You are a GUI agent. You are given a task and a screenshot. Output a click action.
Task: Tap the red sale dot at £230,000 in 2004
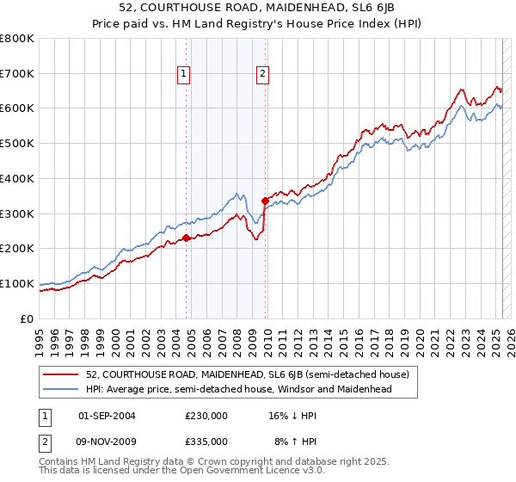pyautogui.click(x=186, y=238)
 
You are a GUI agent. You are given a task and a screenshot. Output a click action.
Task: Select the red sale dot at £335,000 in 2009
pyautogui.click(x=265, y=201)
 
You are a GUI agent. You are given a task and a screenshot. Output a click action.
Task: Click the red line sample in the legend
pyautogui.click(x=62, y=375)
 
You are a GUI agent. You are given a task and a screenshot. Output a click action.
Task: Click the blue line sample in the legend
pyautogui.click(x=62, y=389)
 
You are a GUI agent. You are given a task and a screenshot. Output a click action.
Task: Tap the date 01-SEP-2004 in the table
pyautogui.click(x=107, y=415)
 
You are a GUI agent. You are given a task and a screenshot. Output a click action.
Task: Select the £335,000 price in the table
pyautogui.click(x=206, y=441)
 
